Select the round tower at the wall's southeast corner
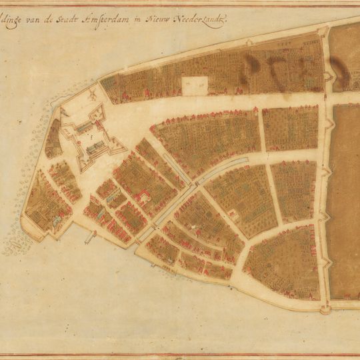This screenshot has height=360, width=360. [x=325, y=307]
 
